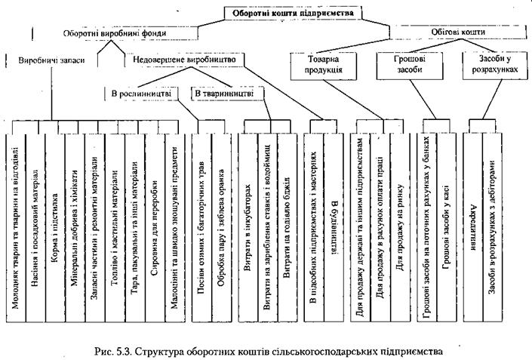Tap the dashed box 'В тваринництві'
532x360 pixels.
(x=226, y=94)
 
